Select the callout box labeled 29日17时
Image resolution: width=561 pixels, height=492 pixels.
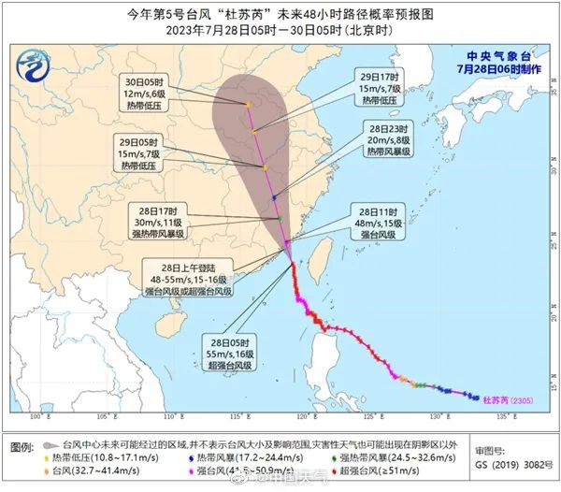pyautogui.click(x=381, y=89)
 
